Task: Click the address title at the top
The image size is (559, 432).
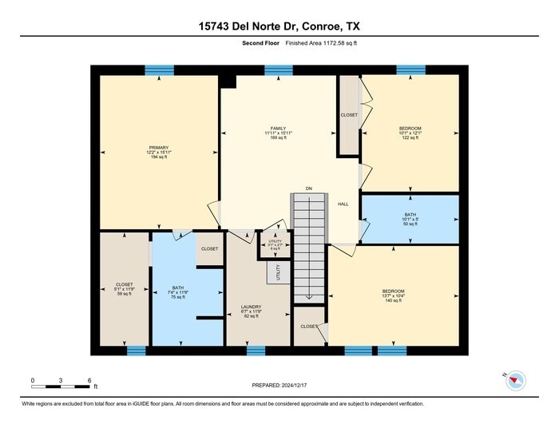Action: click(279, 26)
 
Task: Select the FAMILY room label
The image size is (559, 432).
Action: click(278, 129)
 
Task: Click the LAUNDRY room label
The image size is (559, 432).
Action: click(252, 307)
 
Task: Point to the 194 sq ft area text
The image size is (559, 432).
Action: click(157, 157)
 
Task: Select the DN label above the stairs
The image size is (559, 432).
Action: click(308, 189)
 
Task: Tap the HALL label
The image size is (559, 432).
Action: click(343, 204)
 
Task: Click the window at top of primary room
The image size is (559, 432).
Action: click(160, 70)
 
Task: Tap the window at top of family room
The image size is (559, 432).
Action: click(278, 70)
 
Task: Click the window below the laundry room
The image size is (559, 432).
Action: click(256, 351)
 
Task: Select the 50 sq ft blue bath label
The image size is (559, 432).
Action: click(410, 225)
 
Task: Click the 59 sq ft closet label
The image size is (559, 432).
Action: click(124, 293)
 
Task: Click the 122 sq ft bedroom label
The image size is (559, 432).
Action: click(410, 137)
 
